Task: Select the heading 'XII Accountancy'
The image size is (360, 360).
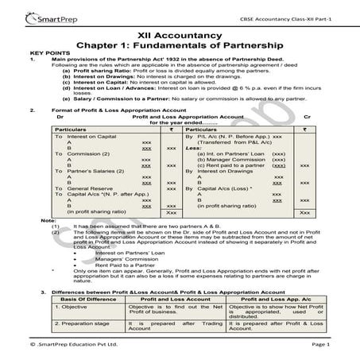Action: (180, 36)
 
